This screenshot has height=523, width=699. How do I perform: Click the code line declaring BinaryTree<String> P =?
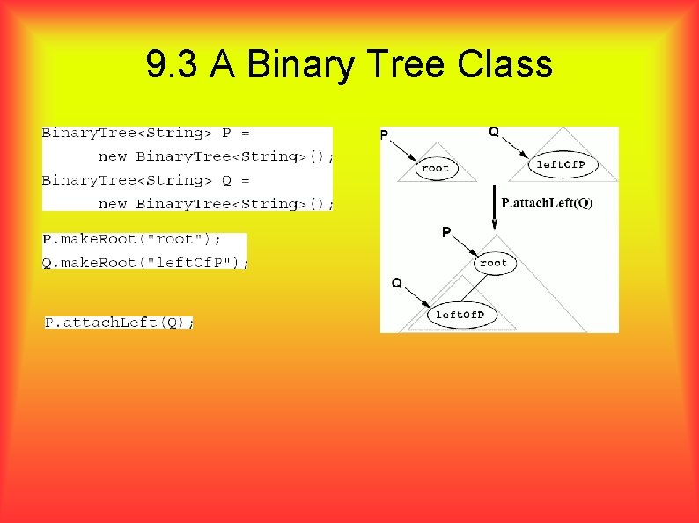pos(146,134)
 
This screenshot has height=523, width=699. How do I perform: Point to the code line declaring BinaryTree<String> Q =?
pos(146,180)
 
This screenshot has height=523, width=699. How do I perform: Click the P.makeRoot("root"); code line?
pos(133,239)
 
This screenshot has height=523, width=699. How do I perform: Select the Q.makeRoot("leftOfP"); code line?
pos(146,262)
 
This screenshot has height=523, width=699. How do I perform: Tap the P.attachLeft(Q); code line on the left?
pos(119,323)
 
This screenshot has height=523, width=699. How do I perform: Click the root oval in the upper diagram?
pos(435,167)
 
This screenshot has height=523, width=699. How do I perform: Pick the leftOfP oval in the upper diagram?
pos(566,163)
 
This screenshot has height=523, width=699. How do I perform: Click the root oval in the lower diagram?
pos(493,263)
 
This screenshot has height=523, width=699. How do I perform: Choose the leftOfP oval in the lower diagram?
pos(460,315)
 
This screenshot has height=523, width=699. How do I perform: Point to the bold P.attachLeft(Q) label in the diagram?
pos(547,203)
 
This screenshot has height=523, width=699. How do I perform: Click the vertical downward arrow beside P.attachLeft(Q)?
pos(494,207)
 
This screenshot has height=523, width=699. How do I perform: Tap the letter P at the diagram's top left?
pos(384,134)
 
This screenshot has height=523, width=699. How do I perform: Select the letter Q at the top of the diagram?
pos(494,132)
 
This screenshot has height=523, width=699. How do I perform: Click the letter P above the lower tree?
pos(446,232)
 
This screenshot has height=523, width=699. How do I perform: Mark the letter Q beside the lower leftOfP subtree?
pos(396,283)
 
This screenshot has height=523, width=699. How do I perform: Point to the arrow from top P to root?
pos(401,151)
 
